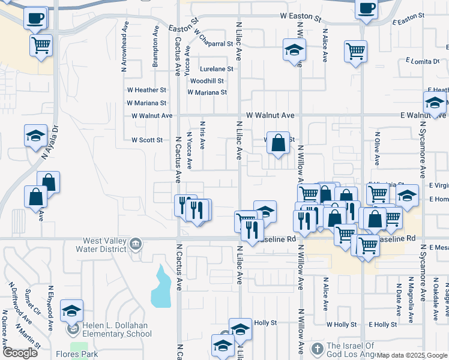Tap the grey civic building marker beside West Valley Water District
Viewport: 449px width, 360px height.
pyautogui.click(x=136, y=245)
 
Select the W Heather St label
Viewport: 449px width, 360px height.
pyautogui.click(x=146, y=90)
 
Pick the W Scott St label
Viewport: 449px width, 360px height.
pyautogui.click(x=147, y=140)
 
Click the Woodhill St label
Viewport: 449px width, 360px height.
pyautogui.click(x=207, y=81)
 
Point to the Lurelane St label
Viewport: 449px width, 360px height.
pyautogui.click(x=208, y=69)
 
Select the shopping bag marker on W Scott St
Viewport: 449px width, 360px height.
pyautogui.click(x=278, y=143)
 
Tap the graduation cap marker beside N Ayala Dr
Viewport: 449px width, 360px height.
pyautogui.click(x=35, y=135)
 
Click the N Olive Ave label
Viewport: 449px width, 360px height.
pyautogui.click(x=378, y=148)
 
